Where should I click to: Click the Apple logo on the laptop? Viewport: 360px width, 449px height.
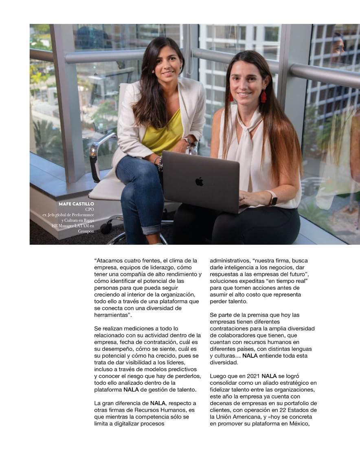coord(199,182)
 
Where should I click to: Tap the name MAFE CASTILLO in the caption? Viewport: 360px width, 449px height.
coord(76,204)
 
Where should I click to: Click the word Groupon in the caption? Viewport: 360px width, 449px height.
coord(86,231)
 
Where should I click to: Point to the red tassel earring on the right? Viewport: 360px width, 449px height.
coord(263,96)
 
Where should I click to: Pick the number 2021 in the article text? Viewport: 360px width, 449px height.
coord(252,376)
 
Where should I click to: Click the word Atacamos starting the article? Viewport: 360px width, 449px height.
coord(110,260)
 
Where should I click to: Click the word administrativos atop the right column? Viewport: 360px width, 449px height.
coord(229,260)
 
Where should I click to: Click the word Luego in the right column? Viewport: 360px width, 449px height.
coord(218,376)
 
